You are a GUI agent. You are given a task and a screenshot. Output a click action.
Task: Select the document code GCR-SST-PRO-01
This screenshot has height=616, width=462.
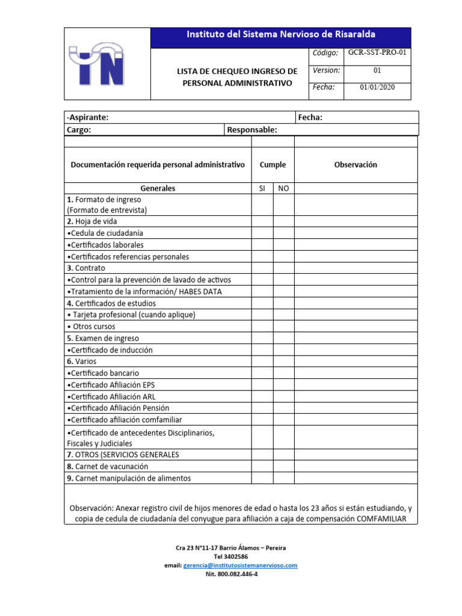[377, 52]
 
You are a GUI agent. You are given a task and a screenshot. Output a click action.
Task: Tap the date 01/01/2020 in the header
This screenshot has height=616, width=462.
[377, 87]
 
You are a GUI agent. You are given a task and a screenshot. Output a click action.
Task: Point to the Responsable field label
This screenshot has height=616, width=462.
[252, 129]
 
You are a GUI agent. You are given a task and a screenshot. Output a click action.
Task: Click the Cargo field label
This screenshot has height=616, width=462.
[79, 129]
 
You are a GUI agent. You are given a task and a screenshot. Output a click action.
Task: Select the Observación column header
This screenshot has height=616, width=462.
[356, 165]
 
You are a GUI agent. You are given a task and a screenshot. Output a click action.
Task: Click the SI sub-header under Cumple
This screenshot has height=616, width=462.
[262, 188]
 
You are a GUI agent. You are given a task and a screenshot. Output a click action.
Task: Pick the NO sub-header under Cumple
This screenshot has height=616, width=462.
[283, 188]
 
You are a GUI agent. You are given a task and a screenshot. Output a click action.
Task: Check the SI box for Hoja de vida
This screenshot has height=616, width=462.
[262, 221]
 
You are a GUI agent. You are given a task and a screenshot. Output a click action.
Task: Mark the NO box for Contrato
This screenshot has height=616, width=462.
[283, 268]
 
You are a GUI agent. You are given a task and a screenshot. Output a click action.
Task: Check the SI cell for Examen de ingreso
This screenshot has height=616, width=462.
[262, 339]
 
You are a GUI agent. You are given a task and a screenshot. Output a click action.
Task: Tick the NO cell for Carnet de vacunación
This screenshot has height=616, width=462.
[283, 466]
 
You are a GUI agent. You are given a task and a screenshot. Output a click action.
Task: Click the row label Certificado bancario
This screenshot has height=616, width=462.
[103, 374]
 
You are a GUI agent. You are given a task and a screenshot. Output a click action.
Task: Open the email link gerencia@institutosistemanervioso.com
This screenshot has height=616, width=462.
[240, 565]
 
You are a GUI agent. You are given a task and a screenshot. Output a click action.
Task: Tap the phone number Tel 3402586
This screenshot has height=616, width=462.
[230, 557]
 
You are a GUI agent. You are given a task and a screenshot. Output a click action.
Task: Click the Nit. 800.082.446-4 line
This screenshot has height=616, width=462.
[230, 574]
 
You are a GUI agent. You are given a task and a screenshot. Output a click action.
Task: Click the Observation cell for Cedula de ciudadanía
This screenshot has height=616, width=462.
[356, 233]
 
